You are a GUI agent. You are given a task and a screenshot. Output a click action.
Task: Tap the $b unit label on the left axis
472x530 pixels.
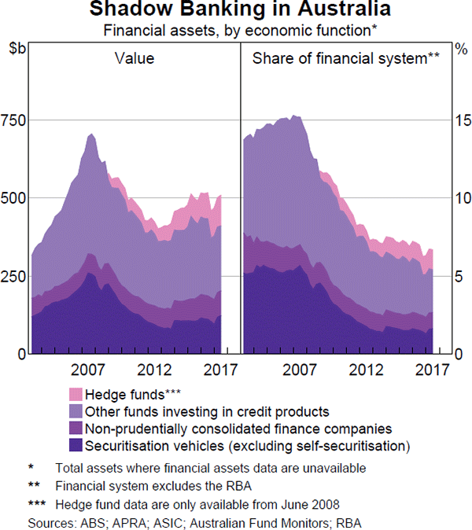[x=17, y=49]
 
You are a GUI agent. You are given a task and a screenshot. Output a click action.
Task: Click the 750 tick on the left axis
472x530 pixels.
[x=13, y=120]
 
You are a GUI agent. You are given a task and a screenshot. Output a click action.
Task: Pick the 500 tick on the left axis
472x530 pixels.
[x=13, y=198]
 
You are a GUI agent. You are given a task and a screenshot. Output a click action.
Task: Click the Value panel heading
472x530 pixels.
[x=134, y=58]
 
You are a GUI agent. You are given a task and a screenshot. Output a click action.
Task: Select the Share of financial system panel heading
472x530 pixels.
[x=345, y=58]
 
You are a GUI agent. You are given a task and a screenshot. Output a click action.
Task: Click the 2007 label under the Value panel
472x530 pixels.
[x=89, y=368]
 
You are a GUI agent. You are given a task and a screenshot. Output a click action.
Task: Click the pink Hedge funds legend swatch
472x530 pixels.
[x=76, y=394]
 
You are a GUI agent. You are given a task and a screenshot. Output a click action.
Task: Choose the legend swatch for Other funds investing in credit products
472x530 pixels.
[x=76, y=411]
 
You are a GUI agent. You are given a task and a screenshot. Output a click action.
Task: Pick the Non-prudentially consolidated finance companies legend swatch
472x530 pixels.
[x=76, y=429]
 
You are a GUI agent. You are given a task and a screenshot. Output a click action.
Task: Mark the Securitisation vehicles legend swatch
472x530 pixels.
[x=76, y=446]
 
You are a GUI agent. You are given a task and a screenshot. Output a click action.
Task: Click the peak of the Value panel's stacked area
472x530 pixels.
[x=91, y=134]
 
